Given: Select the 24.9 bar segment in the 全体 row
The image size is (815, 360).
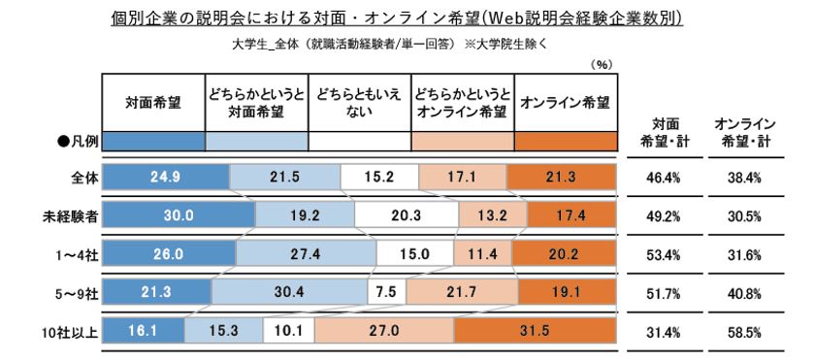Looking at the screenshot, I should [166, 178].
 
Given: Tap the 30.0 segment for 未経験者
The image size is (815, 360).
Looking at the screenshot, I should [178, 215].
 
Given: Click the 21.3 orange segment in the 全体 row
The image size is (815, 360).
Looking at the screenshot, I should [561, 178].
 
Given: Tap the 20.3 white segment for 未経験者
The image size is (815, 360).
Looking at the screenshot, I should [406, 215].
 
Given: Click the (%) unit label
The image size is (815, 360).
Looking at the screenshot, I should [599, 65].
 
